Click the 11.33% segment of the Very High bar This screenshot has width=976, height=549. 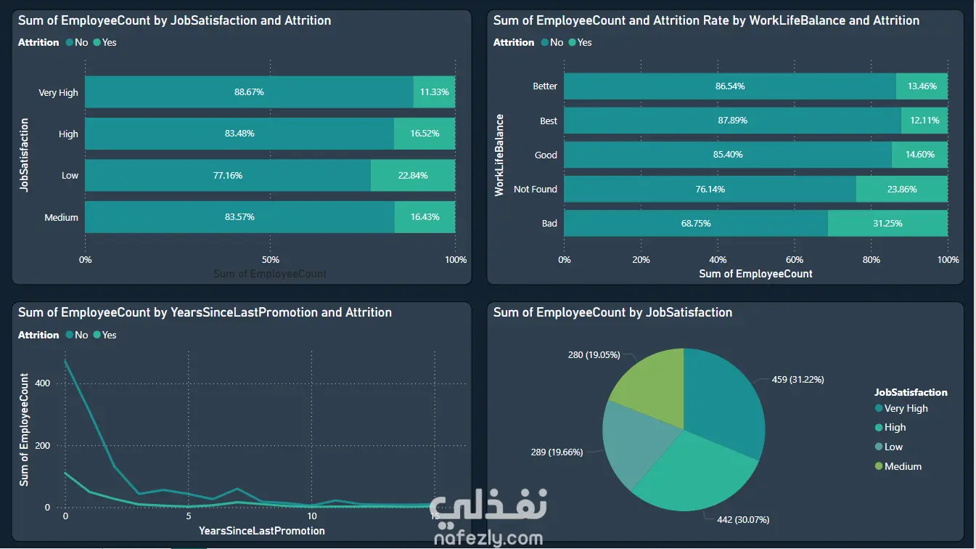pos(434,92)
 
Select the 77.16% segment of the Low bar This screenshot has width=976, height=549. pos(228,176)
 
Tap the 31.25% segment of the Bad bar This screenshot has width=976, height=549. pos(887,224)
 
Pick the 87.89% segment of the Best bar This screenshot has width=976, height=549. pos(732,121)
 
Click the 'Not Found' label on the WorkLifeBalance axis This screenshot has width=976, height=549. pos(535,190)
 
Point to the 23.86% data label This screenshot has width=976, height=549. pos(901,190)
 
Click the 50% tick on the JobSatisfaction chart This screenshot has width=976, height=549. pos(270,260)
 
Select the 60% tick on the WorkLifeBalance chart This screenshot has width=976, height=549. pos(795,260)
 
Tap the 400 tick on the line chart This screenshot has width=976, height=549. pos(43,383)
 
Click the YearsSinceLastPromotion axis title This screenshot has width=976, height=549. pos(262,531)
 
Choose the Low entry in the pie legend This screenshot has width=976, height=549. pos(893,447)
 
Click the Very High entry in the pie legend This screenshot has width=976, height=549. pos(906,409)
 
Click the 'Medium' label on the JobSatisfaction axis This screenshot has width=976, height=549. pos(61,217)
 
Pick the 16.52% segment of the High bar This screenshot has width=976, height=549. pos(425,134)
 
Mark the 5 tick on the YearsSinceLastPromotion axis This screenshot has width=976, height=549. pos(188,516)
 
